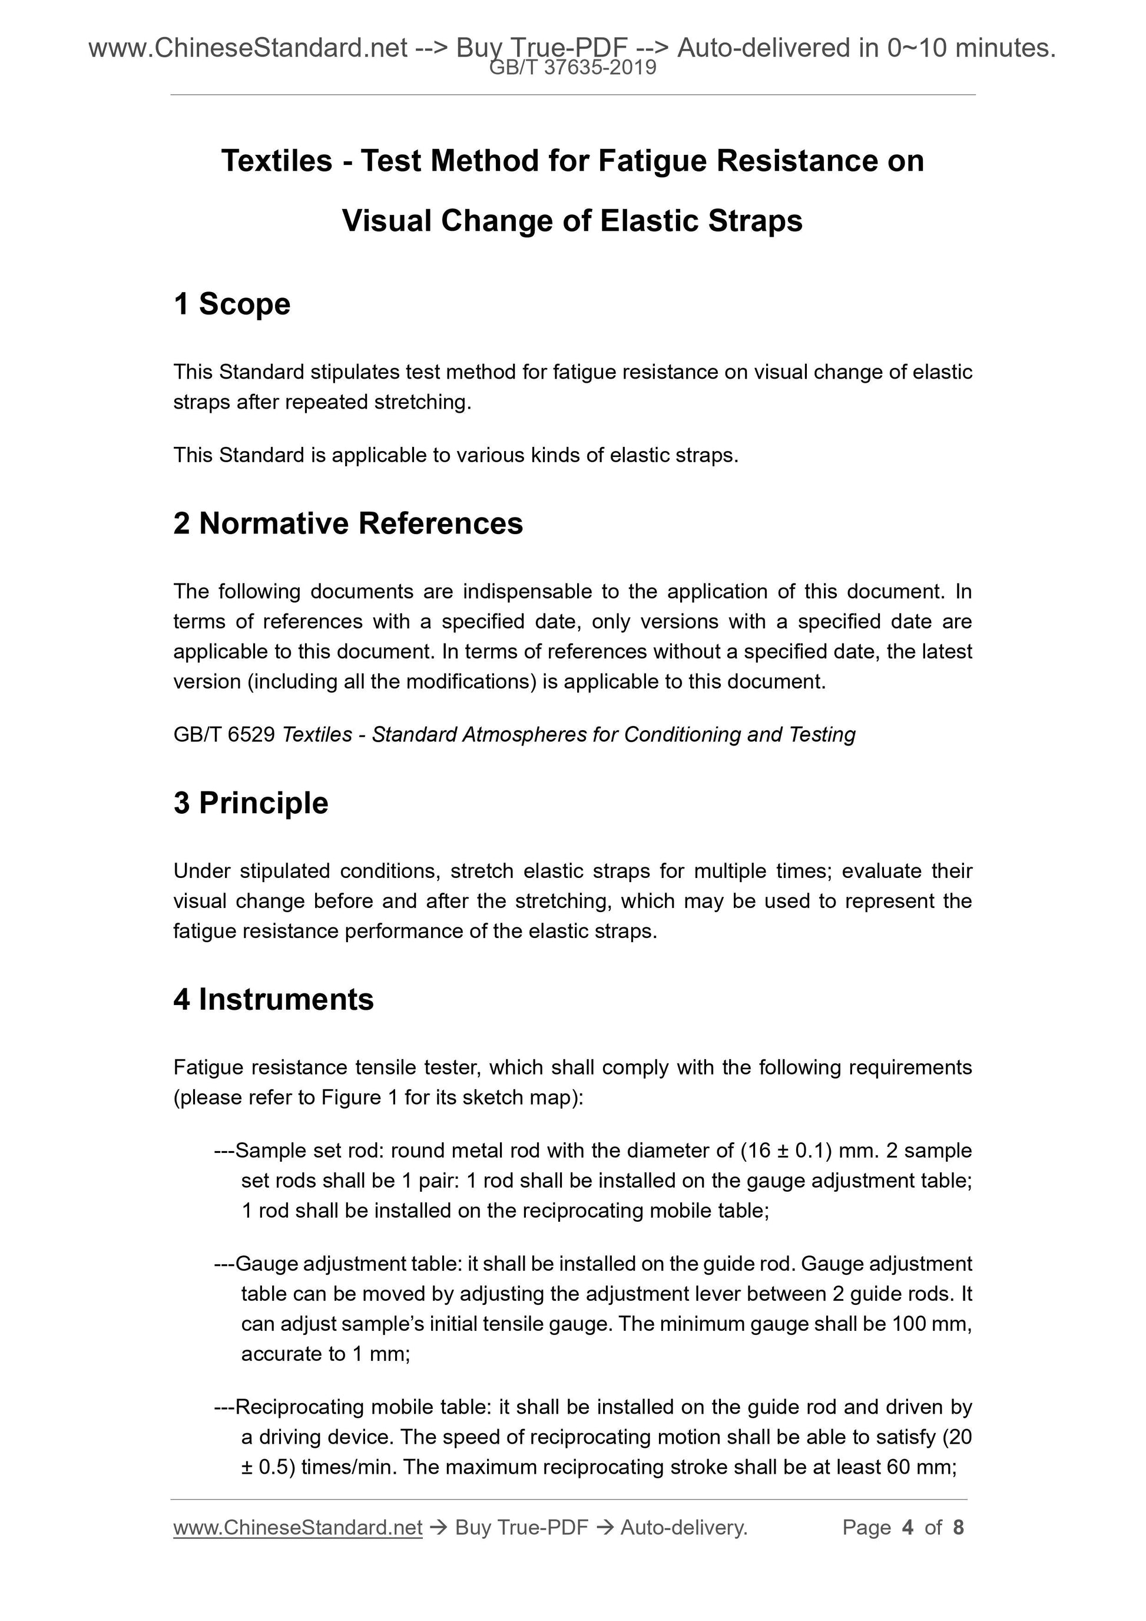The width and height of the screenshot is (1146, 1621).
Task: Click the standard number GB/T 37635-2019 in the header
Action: tap(572, 68)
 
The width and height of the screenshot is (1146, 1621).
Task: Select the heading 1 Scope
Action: tap(231, 304)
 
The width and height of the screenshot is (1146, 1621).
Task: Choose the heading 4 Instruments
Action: tap(273, 1000)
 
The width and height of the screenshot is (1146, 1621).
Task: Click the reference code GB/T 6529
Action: tap(224, 735)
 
